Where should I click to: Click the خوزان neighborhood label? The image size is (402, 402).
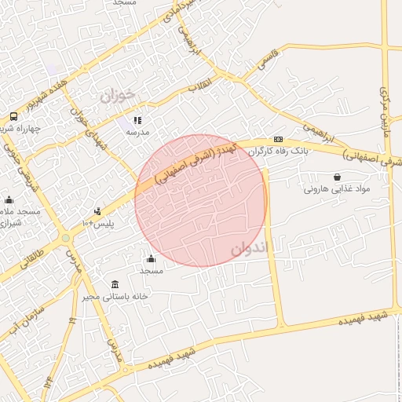click(x=117, y=95)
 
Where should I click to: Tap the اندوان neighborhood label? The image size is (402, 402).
click(x=250, y=249)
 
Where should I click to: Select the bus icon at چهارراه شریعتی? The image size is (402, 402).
click(x=13, y=117)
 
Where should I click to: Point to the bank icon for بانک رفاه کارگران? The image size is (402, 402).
click(x=277, y=139)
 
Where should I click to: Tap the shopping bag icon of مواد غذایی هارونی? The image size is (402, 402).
click(x=338, y=177)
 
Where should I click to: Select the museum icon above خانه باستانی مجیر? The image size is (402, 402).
click(x=115, y=284)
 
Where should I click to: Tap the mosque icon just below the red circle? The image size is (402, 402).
click(x=151, y=258)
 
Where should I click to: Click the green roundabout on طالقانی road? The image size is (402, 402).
click(x=66, y=236)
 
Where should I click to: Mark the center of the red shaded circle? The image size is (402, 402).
click(x=201, y=201)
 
